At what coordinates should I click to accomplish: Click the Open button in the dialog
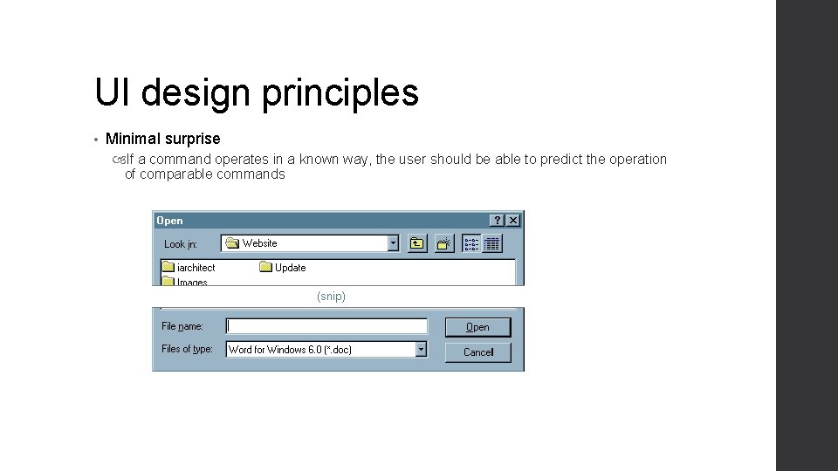point(477,327)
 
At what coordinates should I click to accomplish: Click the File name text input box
point(327,326)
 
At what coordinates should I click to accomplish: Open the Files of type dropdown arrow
point(421,349)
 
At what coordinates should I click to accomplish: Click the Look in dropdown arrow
point(393,243)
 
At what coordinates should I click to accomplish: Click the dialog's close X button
point(513,221)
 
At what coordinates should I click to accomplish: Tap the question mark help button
point(497,221)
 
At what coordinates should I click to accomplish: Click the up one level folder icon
point(417,243)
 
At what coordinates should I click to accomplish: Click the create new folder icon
point(444,243)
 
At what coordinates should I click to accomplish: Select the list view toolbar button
point(471,243)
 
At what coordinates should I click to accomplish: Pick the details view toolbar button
point(492,243)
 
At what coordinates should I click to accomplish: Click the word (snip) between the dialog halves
point(331,297)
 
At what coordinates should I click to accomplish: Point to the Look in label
point(181,244)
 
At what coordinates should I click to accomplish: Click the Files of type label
point(187,349)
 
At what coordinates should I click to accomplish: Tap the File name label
point(182,326)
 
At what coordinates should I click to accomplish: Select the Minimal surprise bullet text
point(162,139)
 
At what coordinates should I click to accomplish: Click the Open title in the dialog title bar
point(170,221)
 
